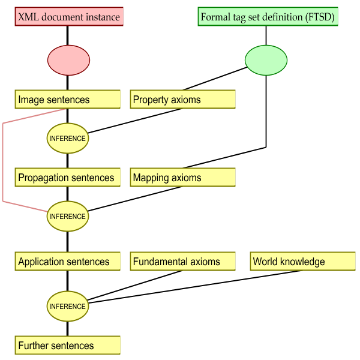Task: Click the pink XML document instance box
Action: pyautogui.click(x=70, y=17)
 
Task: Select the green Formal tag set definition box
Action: pyautogui.click(x=268, y=17)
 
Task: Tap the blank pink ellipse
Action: pyautogui.click(x=69, y=60)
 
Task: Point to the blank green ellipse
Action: pyautogui.click(x=266, y=60)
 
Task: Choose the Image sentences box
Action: pyautogui.click(x=68, y=100)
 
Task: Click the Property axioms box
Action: pyautogui.click(x=183, y=100)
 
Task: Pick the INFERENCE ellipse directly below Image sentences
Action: pyautogui.click(x=68, y=138)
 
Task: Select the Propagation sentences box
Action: pyautogui.click(x=68, y=178)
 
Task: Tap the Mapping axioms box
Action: pyautogui.click(x=183, y=178)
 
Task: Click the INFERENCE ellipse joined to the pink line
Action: pyautogui.click(x=68, y=216)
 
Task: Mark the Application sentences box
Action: pyautogui.click(x=68, y=262)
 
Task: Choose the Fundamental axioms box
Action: pyautogui.click(x=183, y=262)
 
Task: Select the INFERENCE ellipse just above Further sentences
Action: pyautogui.click(x=68, y=306)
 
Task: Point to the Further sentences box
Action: pyautogui.click(x=68, y=346)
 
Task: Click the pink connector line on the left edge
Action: pyautogui.click(x=3, y=162)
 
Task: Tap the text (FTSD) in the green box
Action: pyautogui.click(x=320, y=17)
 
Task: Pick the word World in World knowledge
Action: pyautogui.click(x=266, y=262)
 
